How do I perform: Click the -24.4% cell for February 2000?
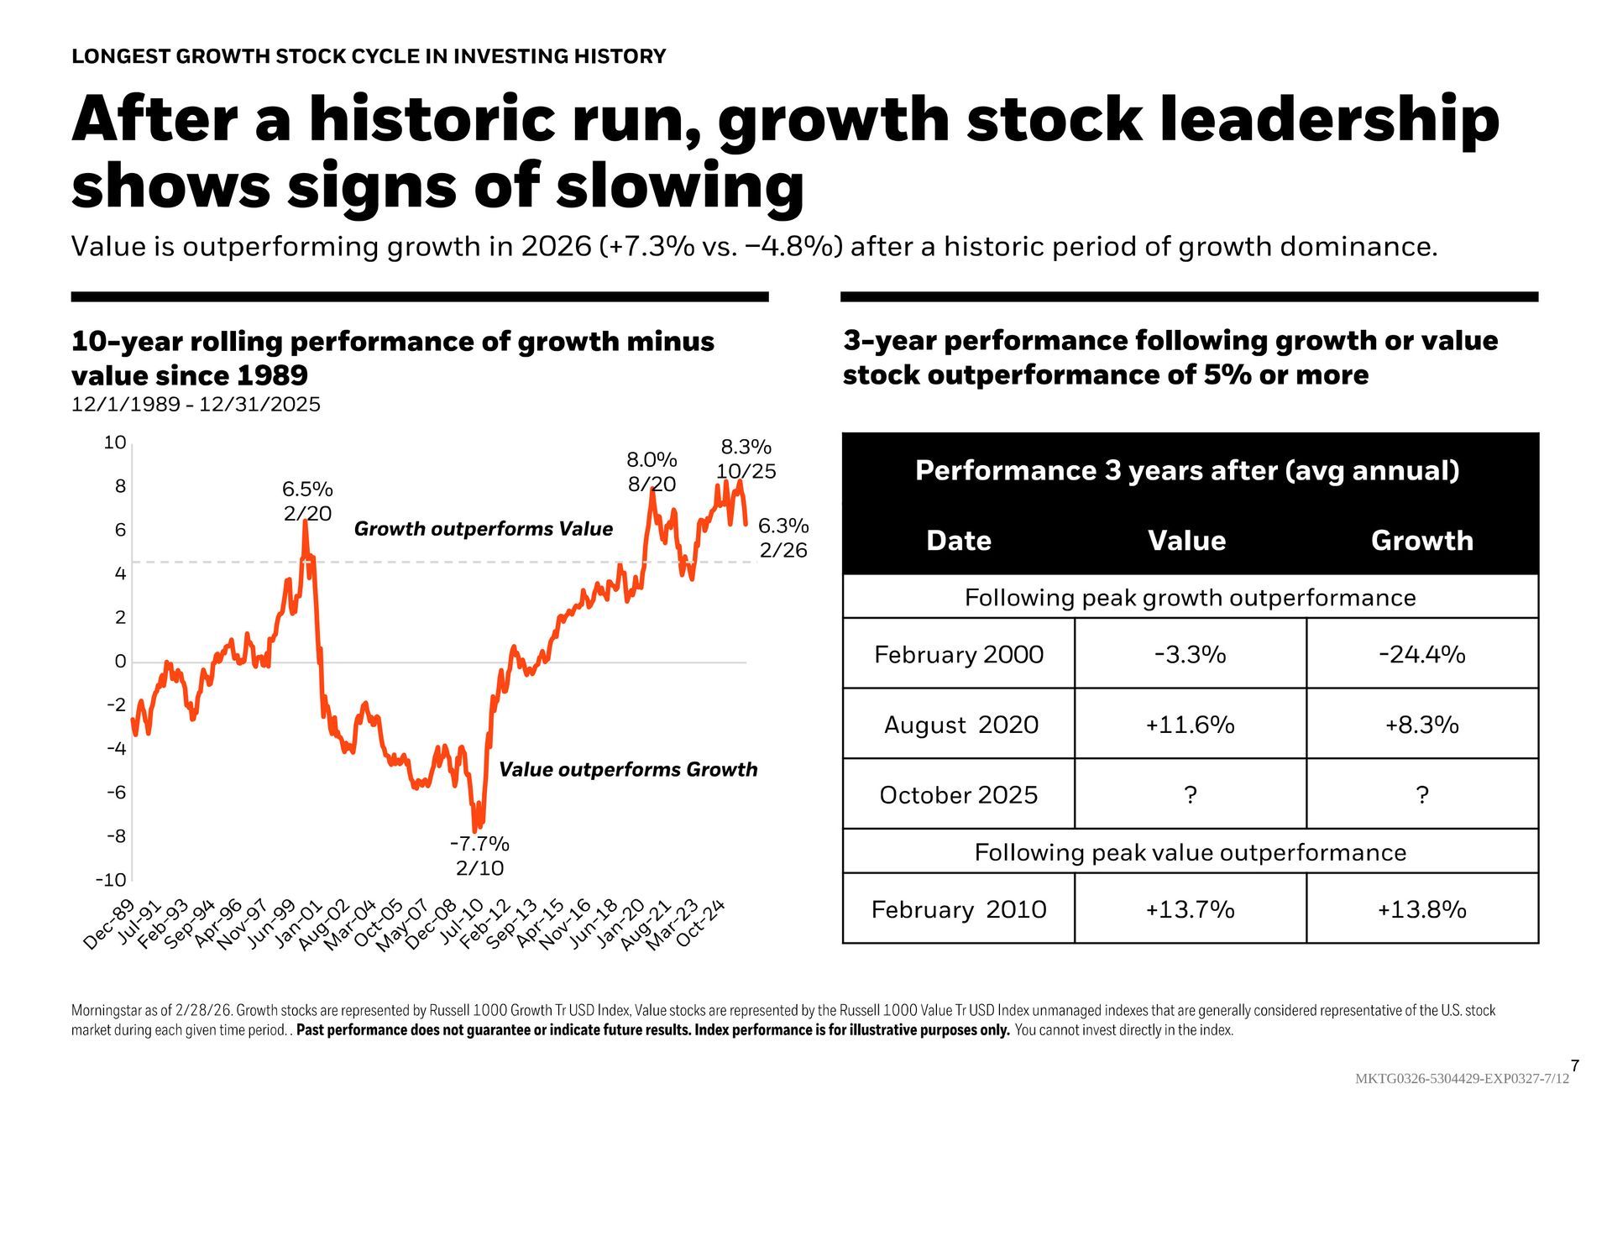1421,654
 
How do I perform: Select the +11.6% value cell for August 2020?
1190,725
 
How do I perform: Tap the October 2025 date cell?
958,794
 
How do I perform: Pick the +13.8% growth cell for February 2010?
1421,909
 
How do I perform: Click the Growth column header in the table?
1421,540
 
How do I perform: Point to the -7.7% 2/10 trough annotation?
479,856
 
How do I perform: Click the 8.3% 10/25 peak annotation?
746,458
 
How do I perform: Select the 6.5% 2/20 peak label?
307,501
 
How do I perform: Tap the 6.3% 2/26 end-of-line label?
782,537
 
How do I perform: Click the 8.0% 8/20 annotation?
652,472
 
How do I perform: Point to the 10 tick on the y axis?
115,442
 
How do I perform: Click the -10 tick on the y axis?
111,880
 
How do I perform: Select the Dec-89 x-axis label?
109,925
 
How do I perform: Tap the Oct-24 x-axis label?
701,924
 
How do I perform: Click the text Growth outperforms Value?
483,529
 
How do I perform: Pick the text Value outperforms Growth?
628,770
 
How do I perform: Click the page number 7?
1574,1066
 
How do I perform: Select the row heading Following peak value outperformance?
1190,852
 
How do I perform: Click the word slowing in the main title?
679,186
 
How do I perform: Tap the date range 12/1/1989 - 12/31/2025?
196,405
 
